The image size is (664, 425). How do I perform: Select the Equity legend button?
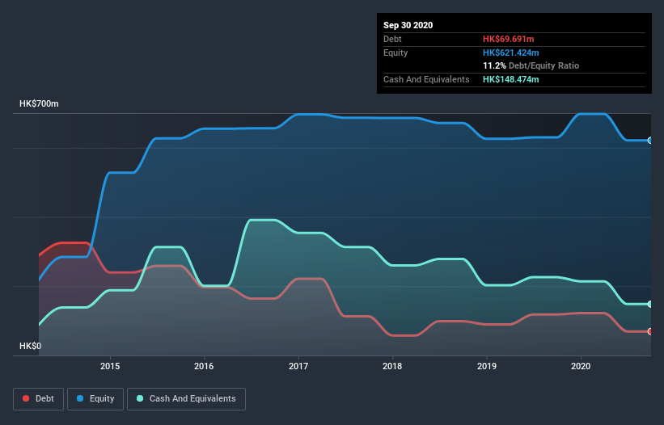(x=95, y=398)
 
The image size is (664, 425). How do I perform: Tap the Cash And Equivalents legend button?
(x=187, y=398)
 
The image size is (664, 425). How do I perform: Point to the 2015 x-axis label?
(x=110, y=366)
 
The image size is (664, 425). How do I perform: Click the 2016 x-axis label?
(x=204, y=366)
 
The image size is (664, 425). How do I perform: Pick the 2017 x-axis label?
(x=298, y=366)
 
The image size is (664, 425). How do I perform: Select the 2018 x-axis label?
(x=392, y=366)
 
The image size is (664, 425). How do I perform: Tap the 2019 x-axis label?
(x=487, y=366)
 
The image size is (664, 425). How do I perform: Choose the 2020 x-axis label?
(x=581, y=366)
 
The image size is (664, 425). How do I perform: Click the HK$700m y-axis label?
(x=40, y=104)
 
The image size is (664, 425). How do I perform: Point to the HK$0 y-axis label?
(x=31, y=346)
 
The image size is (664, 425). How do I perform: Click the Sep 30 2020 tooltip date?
(x=408, y=25)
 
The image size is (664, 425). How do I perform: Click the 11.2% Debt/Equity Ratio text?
(x=531, y=65)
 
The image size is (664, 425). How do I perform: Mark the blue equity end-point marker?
(x=650, y=140)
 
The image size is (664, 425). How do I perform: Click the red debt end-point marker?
(x=650, y=331)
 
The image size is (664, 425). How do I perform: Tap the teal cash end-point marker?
(x=650, y=304)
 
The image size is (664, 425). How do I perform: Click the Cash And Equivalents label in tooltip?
(x=426, y=79)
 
